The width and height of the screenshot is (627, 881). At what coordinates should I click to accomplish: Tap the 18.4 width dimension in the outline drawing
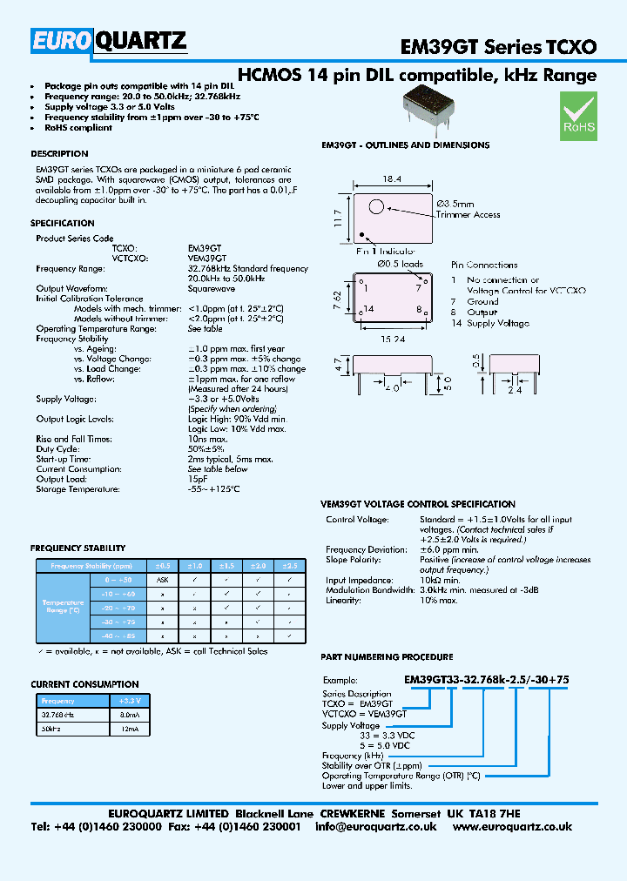[x=392, y=180]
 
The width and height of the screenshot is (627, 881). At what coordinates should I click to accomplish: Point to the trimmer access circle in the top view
[x=376, y=207]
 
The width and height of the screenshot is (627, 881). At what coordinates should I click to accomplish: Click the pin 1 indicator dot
[x=361, y=233]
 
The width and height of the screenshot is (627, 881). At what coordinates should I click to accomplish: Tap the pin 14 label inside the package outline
[x=369, y=309]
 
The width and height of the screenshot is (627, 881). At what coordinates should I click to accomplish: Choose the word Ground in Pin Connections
[x=482, y=301]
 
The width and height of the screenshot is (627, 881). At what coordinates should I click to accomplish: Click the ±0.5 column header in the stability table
[x=162, y=565]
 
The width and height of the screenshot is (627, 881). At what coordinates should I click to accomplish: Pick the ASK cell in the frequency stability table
[x=162, y=579]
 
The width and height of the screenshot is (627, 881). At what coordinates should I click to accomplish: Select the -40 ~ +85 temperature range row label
[x=119, y=636]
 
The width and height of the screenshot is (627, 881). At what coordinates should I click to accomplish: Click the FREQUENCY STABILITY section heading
[x=78, y=548]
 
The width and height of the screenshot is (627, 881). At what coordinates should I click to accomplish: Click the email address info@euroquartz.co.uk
[x=384, y=826]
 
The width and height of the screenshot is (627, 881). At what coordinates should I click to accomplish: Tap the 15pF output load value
[x=197, y=478]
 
